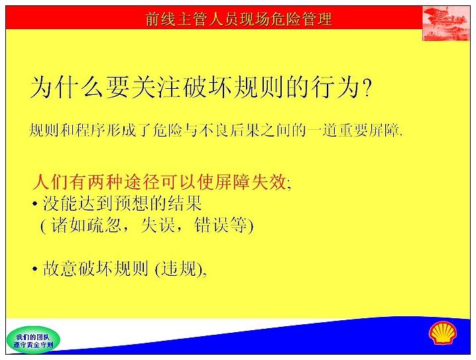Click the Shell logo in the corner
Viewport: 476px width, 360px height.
442,333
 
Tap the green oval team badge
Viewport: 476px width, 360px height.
33,340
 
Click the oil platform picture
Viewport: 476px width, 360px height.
446,24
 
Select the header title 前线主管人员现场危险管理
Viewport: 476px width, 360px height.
238,19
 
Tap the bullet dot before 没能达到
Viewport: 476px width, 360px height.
35,204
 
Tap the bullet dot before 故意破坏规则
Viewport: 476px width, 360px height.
35,269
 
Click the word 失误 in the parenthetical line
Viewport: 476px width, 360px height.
158,225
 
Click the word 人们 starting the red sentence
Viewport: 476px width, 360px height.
50,182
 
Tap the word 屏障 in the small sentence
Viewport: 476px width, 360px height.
384,131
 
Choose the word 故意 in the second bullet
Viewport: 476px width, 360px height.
60,269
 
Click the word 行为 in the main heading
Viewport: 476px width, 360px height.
335,88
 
